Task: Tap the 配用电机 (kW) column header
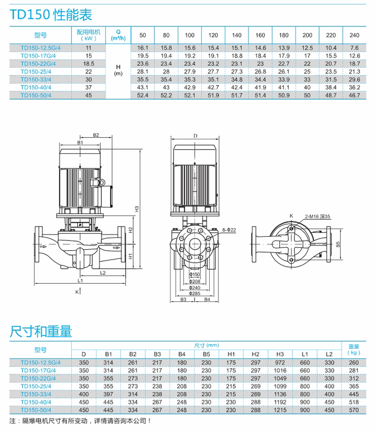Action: click(x=89, y=35)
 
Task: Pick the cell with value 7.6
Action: click(x=354, y=48)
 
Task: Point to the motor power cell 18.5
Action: click(x=89, y=64)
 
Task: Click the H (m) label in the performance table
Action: click(x=118, y=71)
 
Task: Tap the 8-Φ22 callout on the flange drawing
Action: click(x=229, y=230)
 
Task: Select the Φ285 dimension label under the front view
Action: click(x=195, y=294)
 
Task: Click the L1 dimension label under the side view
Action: click(x=80, y=280)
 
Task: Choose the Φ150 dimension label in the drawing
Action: click(x=195, y=274)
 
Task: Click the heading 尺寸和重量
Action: click(x=41, y=332)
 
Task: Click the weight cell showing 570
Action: click(x=353, y=410)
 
